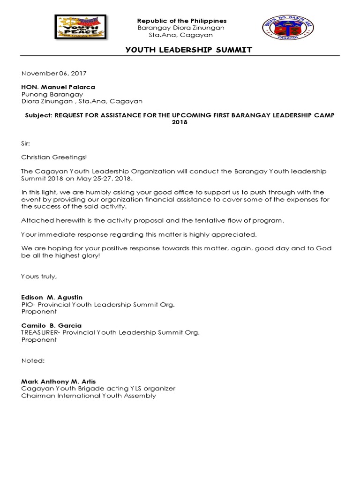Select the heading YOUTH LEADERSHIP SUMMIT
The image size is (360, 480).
coord(182,50)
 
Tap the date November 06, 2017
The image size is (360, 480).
coord(54,74)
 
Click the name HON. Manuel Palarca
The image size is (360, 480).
coord(58,87)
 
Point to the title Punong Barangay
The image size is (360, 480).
coord(52,94)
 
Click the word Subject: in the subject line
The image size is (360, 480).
coord(39,115)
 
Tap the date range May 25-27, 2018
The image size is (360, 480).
coord(112,179)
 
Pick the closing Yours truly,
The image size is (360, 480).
coord(39,277)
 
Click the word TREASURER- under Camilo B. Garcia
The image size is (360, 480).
coord(41,332)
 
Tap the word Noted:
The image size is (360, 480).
coord(33,360)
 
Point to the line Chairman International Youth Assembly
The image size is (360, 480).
coord(89,396)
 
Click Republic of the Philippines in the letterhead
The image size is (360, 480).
coord(181,21)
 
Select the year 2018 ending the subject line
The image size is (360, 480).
coord(180,122)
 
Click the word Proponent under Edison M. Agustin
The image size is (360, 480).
coord(39,311)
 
